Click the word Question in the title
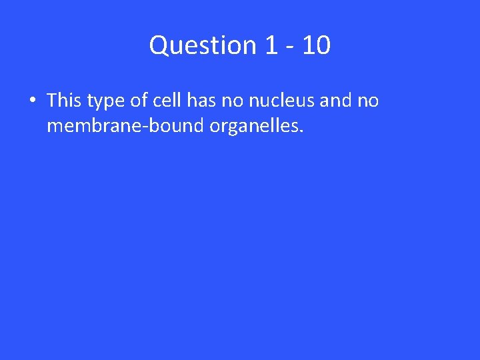[203, 45]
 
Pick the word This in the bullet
[64, 101]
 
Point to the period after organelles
[301, 131]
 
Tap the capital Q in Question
[159, 46]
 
